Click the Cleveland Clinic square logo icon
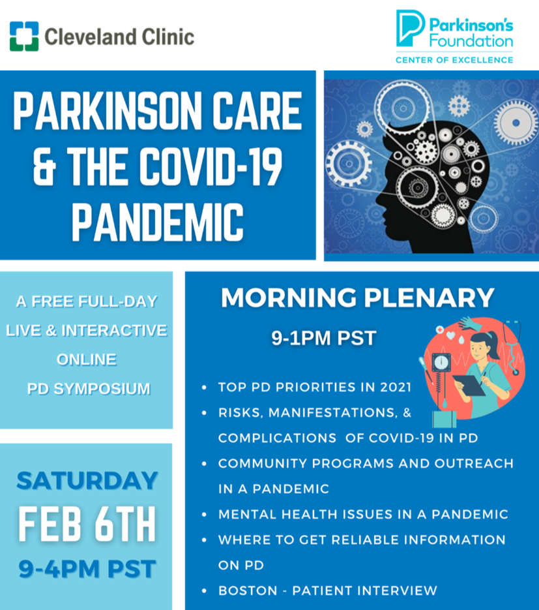tap(23, 36)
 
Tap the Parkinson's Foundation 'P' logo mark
tap(411, 28)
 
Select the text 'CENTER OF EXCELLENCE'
tap(454, 60)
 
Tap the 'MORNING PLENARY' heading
tap(358, 297)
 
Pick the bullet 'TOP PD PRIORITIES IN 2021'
tap(315, 388)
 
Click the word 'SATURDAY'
tap(87, 481)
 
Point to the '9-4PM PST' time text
tap(87, 568)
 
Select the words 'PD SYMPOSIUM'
tap(89, 389)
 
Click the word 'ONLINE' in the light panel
tap(87, 359)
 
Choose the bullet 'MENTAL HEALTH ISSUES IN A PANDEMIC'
tap(363, 514)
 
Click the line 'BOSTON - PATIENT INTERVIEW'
tap(327, 590)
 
